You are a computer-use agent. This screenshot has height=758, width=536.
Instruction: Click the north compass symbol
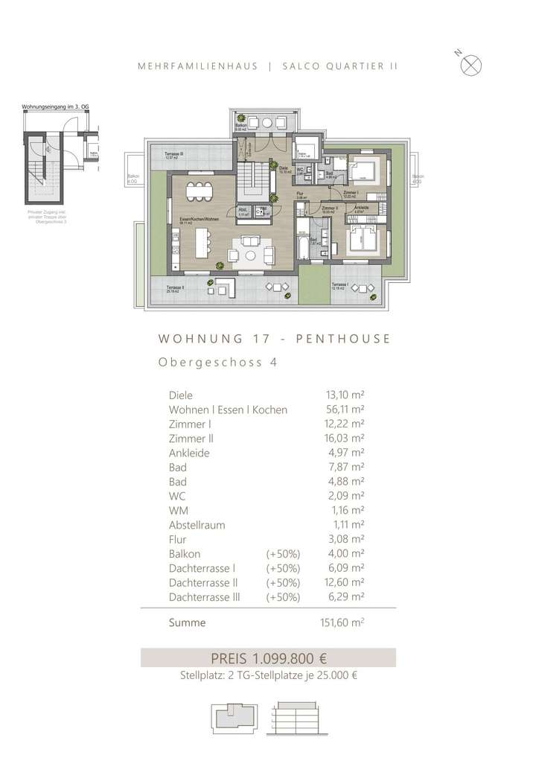coord(471,65)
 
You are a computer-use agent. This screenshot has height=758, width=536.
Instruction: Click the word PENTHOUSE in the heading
coord(343,339)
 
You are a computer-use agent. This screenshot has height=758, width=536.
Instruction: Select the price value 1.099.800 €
coord(291,658)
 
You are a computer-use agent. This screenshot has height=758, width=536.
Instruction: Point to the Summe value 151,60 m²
coord(341,622)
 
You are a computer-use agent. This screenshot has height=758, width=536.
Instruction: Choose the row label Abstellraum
coord(197,525)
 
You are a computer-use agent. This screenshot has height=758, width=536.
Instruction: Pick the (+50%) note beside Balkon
coord(283,554)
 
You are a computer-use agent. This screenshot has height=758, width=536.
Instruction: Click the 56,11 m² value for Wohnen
coord(341,410)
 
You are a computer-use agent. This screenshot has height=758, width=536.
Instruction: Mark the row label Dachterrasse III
coord(204,597)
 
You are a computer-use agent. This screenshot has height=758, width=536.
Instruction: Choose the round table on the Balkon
coord(267,123)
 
